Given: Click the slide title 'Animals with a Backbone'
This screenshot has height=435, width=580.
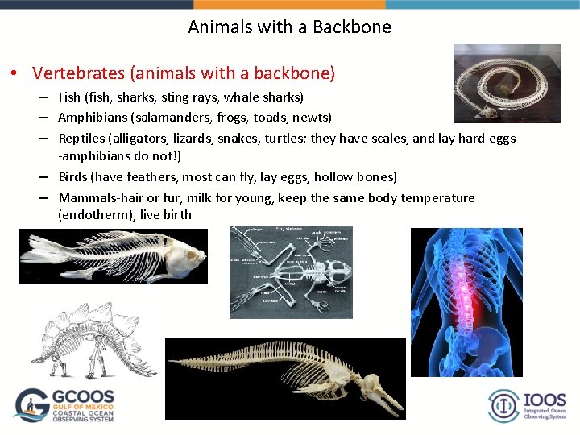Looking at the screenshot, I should [289, 27].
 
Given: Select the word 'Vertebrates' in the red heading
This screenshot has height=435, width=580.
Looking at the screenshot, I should [78, 73].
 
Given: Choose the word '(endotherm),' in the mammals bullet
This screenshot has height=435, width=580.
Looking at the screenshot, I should [97, 215].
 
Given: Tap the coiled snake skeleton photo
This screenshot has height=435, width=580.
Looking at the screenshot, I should [507, 83].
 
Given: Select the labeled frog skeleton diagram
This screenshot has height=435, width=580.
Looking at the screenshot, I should [291, 261].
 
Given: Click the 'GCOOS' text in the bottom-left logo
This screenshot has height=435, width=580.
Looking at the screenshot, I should [84, 398].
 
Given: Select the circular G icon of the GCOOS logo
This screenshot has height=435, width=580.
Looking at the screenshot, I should [32, 405].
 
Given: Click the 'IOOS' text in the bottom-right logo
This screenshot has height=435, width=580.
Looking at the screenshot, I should [545, 400].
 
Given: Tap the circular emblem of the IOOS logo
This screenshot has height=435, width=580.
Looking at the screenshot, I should [504, 405].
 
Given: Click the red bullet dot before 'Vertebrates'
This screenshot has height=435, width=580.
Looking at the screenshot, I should [14, 74].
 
